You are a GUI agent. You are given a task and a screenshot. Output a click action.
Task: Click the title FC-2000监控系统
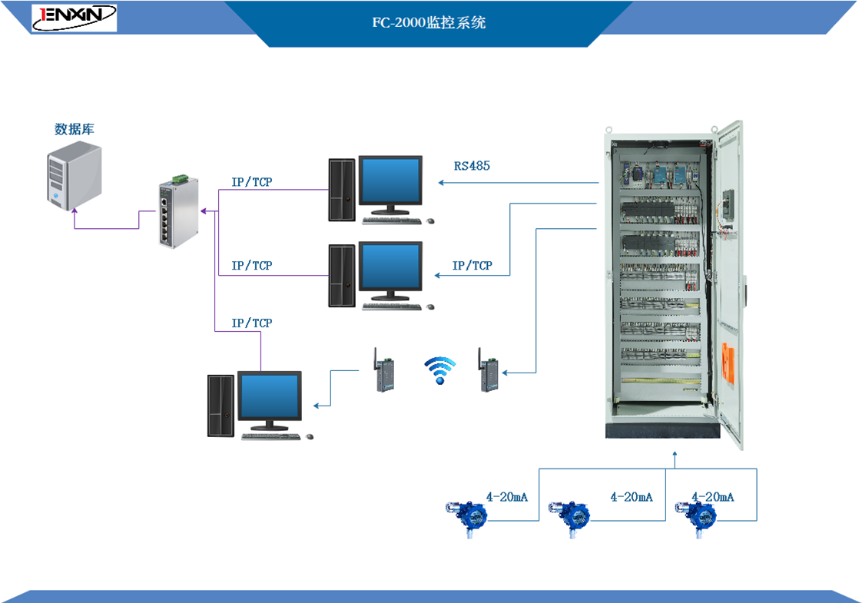point(429,23)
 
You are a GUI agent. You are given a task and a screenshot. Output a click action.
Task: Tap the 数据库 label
point(75,129)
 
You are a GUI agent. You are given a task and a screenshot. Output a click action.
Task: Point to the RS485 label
point(472,165)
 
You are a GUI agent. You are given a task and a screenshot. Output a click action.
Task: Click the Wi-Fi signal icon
point(440,369)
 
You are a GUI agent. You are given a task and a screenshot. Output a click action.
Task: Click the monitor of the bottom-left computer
point(269,399)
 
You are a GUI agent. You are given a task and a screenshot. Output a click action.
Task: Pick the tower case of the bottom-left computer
point(220,406)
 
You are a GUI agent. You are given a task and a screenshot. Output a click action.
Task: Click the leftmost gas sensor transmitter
point(466,513)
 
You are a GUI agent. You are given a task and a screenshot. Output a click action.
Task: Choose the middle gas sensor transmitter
point(569,514)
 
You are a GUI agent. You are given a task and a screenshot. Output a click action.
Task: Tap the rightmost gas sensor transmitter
point(692,514)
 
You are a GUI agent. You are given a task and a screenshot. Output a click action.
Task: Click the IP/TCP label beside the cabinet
point(472,266)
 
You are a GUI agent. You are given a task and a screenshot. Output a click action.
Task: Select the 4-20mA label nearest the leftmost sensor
point(506,497)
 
